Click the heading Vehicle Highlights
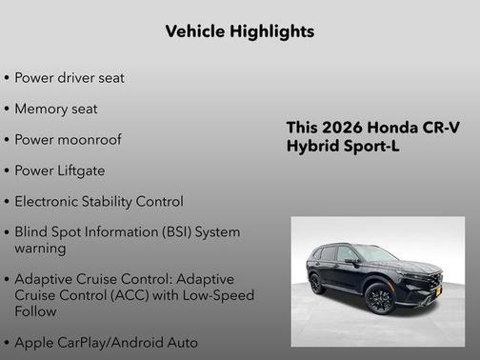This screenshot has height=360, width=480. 239,31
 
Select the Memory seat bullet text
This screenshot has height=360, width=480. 55,109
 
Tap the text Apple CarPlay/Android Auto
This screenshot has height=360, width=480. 106,341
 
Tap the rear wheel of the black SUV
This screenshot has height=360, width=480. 317,283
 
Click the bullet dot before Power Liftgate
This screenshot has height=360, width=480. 7,170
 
